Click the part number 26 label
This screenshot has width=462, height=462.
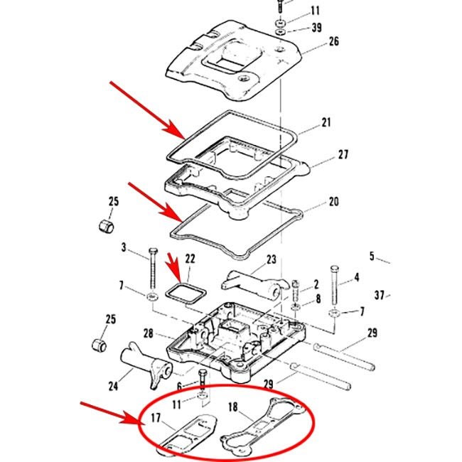pyautogui.click(x=333, y=42)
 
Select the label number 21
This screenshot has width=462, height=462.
pyautogui.click(x=326, y=123)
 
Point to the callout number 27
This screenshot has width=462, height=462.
pyautogui.click(x=343, y=154)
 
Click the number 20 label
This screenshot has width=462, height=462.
pyautogui.click(x=333, y=202)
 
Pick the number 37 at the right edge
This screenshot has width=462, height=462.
pyautogui.click(x=380, y=295)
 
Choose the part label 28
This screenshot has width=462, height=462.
pyautogui.click(x=148, y=333)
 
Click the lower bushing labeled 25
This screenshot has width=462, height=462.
pyautogui.click(x=100, y=345)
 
